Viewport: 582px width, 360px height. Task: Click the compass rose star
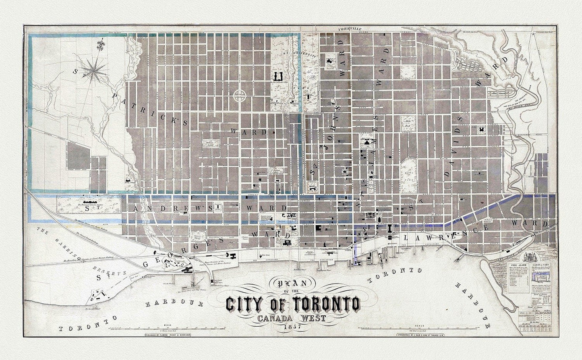(x=95, y=72)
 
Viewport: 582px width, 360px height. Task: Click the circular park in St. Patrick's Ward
(x=240, y=96)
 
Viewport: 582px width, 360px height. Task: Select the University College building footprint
(x=278, y=76)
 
